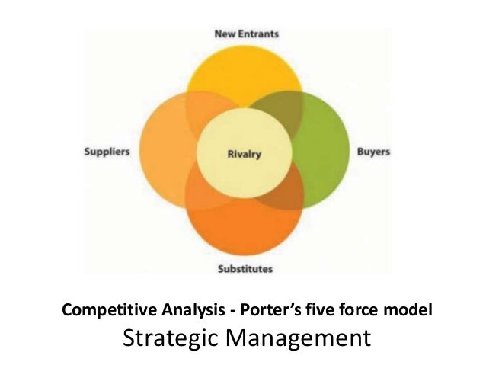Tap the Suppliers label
pyautogui.click(x=107, y=152)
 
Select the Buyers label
pyautogui.click(x=373, y=152)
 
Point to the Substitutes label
pyautogui.click(x=245, y=268)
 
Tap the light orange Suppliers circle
pyautogui.click(x=168, y=152)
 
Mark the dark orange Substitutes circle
pyautogui.click(x=244, y=225)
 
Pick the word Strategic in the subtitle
pyautogui.click(x=170, y=336)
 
